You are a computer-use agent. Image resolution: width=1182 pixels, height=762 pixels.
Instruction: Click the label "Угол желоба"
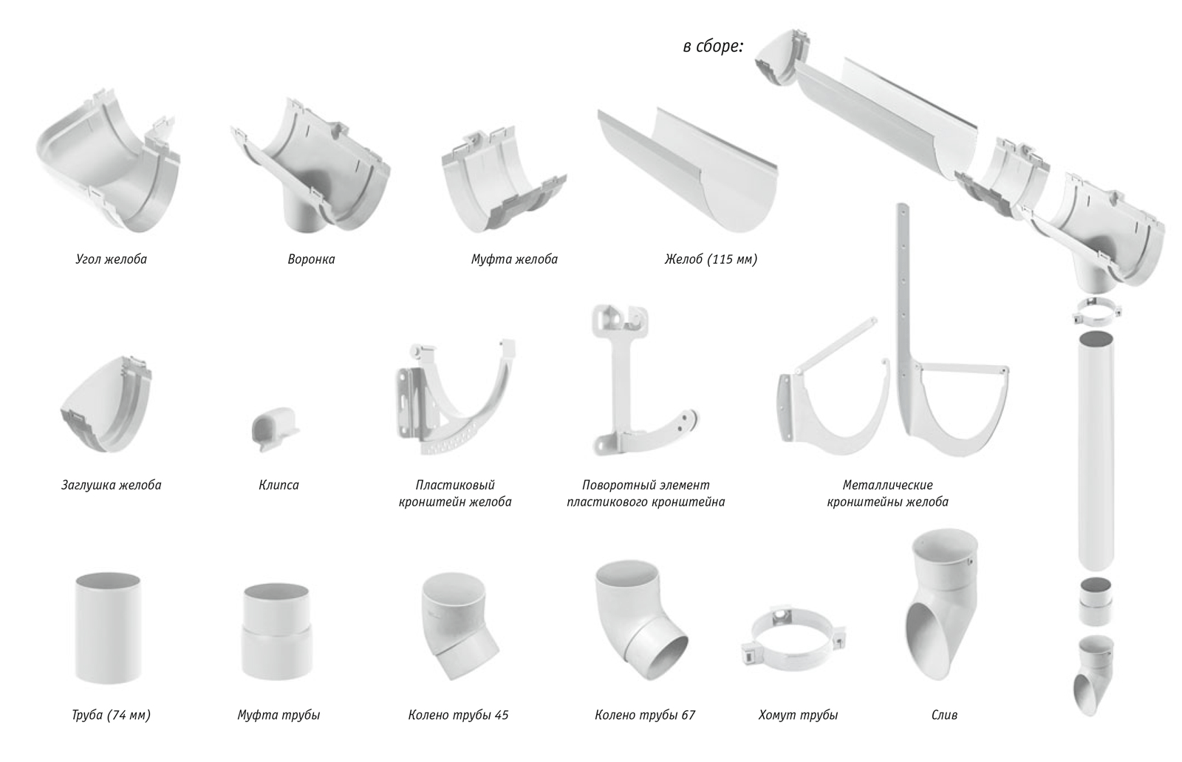click(112, 259)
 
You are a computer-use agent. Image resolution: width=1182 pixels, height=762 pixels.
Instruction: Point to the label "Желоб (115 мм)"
click(711, 259)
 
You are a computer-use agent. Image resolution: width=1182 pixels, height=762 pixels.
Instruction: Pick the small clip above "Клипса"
click(274, 428)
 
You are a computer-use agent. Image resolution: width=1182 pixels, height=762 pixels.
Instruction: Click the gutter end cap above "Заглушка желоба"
click(106, 404)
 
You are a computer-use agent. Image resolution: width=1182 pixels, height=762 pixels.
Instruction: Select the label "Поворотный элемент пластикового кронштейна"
click(646, 493)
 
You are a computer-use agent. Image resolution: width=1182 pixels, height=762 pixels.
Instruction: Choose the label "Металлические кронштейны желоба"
click(887, 493)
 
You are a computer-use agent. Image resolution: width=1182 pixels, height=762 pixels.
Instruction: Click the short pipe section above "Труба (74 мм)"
click(109, 628)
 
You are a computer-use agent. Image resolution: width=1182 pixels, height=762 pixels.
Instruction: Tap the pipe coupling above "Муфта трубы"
click(276, 632)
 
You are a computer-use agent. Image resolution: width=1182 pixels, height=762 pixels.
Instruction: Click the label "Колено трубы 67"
click(645, 715)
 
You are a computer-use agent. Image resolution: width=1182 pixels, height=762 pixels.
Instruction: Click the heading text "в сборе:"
click(713, 47)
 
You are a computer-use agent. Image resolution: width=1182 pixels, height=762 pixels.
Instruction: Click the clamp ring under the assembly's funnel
click(1096, 312)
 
